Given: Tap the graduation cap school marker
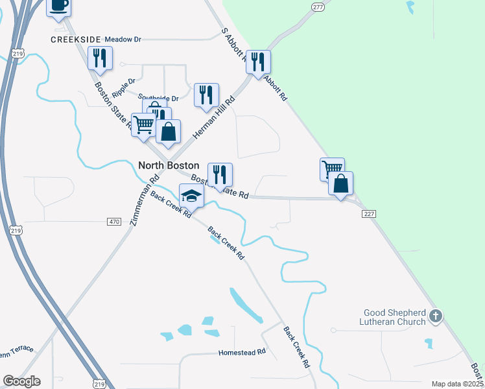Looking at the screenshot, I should coord(191,194).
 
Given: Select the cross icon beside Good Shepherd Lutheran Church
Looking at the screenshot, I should coord(436,317).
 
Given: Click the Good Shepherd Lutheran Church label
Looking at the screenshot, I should coord(395,317).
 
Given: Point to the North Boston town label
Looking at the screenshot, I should coord(169,165).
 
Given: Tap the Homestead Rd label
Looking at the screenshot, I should coord(243,352).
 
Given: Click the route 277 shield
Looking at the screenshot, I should coord(317,6).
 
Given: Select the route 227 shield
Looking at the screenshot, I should coord(369,213).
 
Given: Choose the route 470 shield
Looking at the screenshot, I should coord(114,222).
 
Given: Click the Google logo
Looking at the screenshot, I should coord(21,381).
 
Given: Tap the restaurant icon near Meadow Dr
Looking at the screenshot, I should coord(100,58).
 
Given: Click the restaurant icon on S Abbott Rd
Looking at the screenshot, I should coord(258,62).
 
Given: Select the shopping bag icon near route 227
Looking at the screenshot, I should coord(340,184).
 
